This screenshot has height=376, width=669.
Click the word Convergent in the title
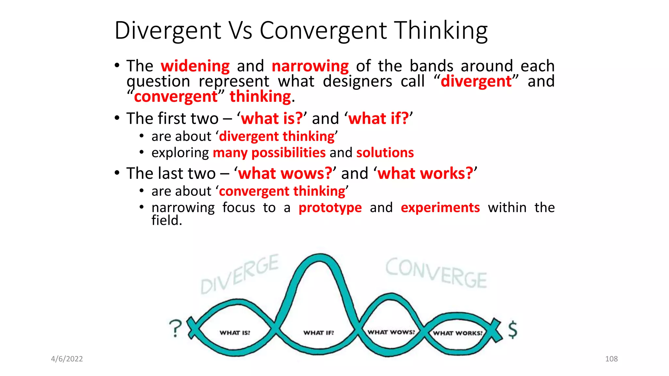click(323, 31)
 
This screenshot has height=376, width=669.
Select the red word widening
click(195, 66)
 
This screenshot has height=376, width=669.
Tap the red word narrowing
click(310, 66)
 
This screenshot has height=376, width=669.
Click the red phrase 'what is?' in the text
click(272, 118)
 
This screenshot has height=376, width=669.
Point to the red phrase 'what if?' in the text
click(378, 118)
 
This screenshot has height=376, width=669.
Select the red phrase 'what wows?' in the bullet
click(285, 173)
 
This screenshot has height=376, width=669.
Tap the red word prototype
click(330, 208)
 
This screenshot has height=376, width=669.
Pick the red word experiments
click(440, 208)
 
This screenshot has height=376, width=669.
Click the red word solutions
click(385, 153)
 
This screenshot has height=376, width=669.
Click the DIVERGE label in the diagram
click(239, 274)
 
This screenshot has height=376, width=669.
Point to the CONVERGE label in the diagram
click(436, 273)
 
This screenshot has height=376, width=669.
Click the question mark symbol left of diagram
click(176, 328)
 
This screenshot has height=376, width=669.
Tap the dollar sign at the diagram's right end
click(513, 329)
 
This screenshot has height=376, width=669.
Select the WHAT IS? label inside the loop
click(235, 333)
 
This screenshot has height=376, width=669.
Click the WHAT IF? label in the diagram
click(318, 333)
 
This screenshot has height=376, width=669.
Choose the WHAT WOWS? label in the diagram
click(391, 332)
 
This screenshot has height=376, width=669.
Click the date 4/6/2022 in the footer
click(67, 359)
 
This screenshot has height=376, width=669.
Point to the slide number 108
click(611, 359)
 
